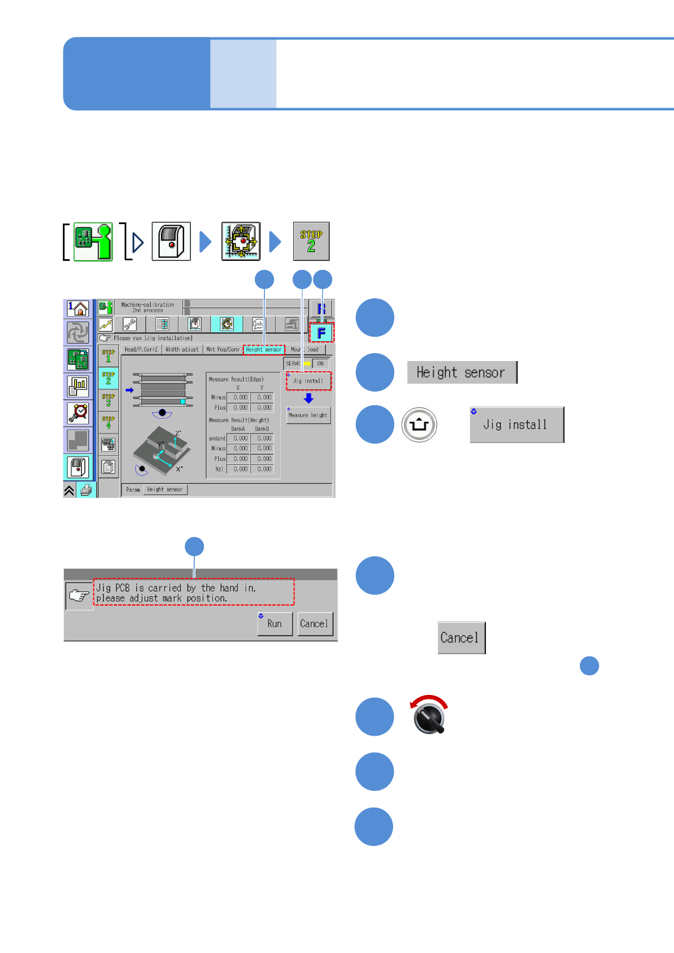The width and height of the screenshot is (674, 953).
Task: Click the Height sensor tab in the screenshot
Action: point(264,350)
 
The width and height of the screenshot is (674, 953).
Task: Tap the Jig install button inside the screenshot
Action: point(308,381)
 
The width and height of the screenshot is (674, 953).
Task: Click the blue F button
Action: point(321,333)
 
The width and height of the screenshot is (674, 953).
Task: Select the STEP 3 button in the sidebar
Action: point(108,400)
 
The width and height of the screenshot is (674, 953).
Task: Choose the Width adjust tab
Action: point(182,350)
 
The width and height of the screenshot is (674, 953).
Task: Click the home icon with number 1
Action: point(78,308)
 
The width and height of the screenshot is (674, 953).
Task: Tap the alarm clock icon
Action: point(78,413)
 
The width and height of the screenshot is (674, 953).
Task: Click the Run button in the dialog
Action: point(275,624)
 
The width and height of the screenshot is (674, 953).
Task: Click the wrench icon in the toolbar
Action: point(130,324)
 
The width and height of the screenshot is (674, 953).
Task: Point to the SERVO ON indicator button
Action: point(320,363)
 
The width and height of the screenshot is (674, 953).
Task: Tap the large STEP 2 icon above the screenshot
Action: point(311,241)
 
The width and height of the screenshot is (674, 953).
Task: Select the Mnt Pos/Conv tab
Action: point(223,350)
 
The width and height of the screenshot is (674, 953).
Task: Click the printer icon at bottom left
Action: point(86,491)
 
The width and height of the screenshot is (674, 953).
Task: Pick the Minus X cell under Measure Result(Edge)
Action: point(238,397)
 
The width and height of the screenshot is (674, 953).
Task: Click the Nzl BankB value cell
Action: point(262,469)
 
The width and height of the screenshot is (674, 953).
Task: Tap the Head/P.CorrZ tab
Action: point(141,350)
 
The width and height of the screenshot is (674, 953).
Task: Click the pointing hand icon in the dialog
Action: point(79,595)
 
